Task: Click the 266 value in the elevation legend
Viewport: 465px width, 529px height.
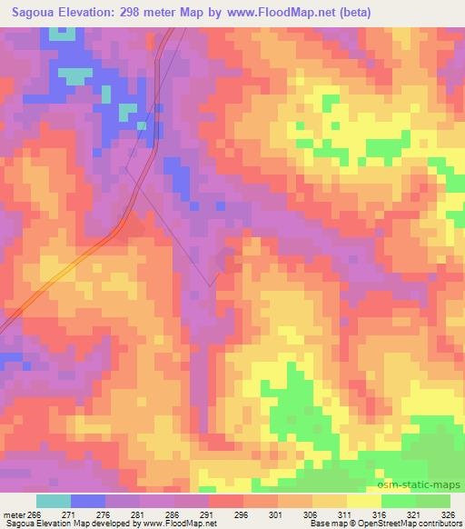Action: click(35, 514)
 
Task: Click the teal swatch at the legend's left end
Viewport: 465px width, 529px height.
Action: click(53, 501)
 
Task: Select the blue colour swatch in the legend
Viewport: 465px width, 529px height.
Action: click(88, 501)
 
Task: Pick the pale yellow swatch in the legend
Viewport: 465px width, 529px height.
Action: click(363, 501)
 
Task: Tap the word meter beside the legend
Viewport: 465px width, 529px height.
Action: click(15, 514)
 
